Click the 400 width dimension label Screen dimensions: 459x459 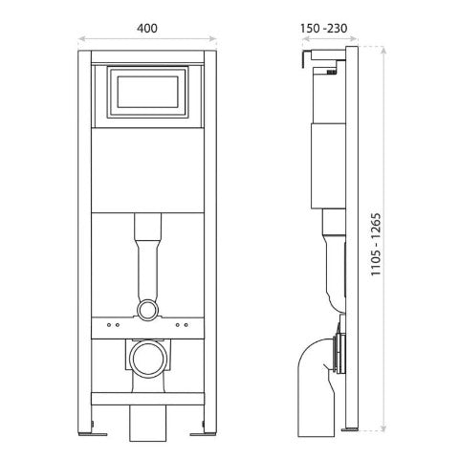[147, 29]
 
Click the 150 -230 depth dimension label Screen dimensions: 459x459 [323, 29]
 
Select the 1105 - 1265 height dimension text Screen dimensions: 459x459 [376, 244]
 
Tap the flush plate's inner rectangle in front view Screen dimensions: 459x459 [147, 92]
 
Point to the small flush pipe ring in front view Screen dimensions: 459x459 [147, 310]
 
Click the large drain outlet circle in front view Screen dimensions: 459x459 [147, 360]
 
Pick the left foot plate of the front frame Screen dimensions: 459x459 [93, 434]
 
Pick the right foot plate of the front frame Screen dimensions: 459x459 [203, 434]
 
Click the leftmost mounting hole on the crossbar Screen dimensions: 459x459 [109, 325]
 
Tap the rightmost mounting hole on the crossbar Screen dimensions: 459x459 [186, 325]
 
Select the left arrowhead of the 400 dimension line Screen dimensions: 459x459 [82, 39]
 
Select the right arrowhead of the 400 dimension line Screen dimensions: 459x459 [213, 39]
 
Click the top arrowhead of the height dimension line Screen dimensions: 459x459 [383, 51]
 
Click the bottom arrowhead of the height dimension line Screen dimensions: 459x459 [383, 427]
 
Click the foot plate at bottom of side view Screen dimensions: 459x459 [350, 429]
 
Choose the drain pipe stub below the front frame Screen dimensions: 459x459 [147, 424]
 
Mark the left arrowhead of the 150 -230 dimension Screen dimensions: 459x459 [306, 39]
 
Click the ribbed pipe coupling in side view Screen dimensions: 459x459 [339, 354]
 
